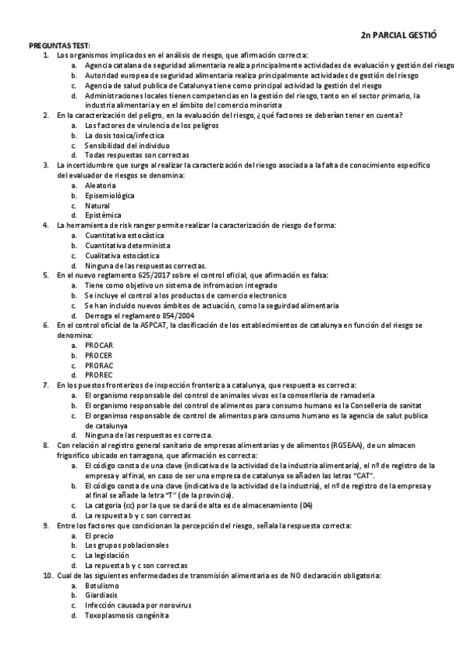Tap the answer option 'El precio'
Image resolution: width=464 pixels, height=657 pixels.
point(99,535)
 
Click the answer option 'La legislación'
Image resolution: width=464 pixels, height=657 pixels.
point(107,555)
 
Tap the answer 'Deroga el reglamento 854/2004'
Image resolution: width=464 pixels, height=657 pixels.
point(139,315)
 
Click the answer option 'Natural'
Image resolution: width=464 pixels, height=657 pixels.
point(98,205)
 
